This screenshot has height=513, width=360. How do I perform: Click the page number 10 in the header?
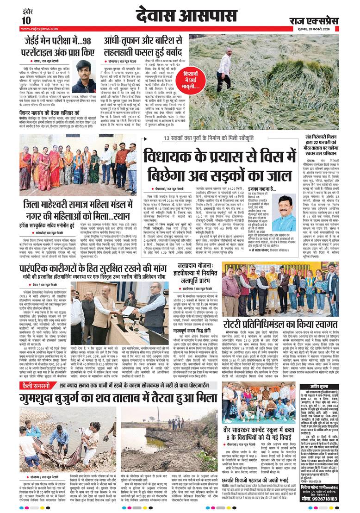26,20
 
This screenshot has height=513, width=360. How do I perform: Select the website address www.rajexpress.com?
37,29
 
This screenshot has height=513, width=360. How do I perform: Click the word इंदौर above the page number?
26,10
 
